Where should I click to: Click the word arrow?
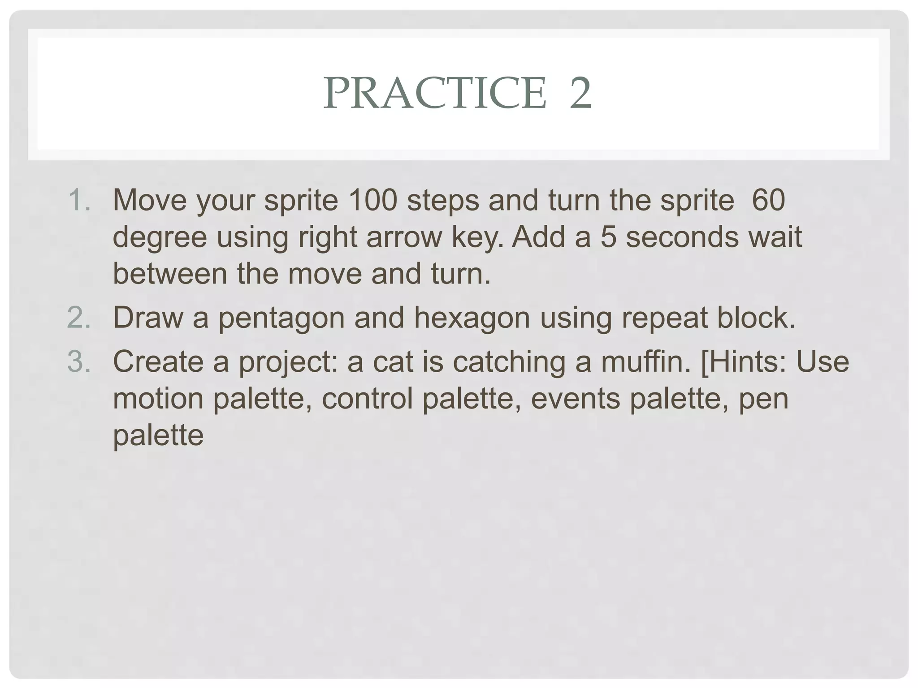[x=404, y=237]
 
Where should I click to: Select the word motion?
[x=158, y=398]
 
